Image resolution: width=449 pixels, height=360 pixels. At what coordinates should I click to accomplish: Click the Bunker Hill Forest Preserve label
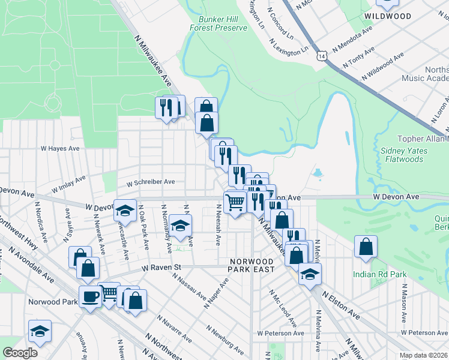tap(218, 23)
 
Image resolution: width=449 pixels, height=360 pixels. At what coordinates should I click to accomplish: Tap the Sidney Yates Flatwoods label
tap(402, 155)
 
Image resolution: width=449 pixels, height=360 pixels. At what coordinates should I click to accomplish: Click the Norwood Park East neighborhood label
tap(252, 265)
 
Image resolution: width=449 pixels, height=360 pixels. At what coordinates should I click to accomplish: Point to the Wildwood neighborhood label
tap(387, 16)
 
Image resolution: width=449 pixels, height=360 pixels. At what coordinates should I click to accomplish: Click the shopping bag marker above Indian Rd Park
tap(366, 246)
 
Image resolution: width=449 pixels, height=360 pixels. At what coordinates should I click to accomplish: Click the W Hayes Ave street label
tap(60, 148)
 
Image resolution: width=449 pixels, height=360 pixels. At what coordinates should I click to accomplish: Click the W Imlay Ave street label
tap(68, 184)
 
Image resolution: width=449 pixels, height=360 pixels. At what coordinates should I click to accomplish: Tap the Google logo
tap(20, 353)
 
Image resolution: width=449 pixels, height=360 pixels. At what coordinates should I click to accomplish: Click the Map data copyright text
tap(423, 355)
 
